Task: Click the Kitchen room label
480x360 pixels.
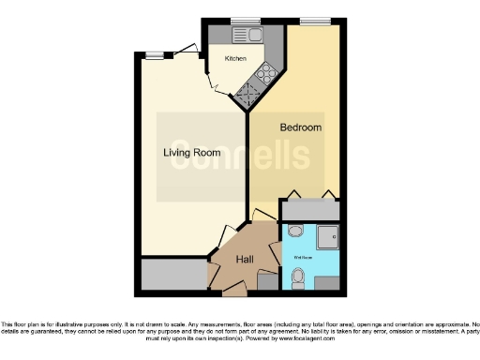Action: pyautogui.click(x=234, y=58)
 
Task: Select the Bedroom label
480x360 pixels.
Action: pyautogui.click(x=301, y=127)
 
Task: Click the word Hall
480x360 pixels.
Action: pyautogui.click(x=245, y=260)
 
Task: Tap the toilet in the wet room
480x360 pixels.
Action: pyautogui.click(x=298, y=278)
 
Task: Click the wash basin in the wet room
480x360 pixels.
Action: pyautogui.click(x=295, y=232)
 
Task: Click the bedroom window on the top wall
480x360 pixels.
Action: pyautogui.click(x=312, y=21)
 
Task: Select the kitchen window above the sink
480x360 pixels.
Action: pyautogui.click(x=247, y=21)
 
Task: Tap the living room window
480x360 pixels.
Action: pyautogui.click(x=157, y=54)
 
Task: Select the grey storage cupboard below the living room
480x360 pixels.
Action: pyautogui.click(x=173, y=275)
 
